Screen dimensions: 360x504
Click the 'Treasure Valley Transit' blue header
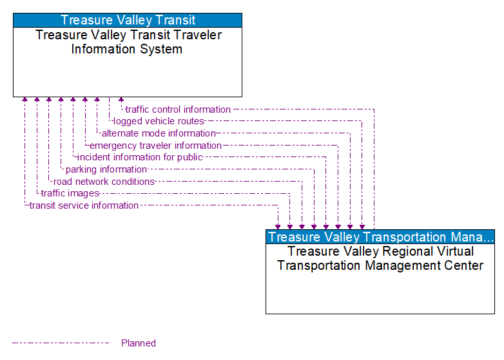click(x=128, y=20)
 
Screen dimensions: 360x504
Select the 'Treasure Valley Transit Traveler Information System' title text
click(x=128, y=42)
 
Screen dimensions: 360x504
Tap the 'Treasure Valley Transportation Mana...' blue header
click(x=380, y=237)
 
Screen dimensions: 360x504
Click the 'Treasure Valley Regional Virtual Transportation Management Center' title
click(x=380, y=258)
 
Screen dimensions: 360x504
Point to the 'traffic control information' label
click(x=178, y=109)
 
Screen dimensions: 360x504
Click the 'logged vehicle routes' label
click(x=159, y=121)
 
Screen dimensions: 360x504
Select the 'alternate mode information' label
click(x=159, y=133)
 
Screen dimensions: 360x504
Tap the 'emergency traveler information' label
click(x=155, y=146)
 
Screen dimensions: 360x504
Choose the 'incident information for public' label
click(x=140, y=157)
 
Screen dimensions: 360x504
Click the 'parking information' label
click(x=106, y=169)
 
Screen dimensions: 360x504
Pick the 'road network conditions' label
click(x=104, y=182)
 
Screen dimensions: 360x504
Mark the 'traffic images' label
click(x=70, y=193)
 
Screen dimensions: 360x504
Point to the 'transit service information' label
click(x=84, y=205)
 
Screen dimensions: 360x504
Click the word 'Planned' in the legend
click(x=139, y=343)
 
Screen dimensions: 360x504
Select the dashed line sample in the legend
click(x=61, y=343)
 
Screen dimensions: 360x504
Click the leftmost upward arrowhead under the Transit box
click(x=24, y=100)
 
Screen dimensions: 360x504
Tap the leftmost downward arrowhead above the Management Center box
click(x=278, y=226)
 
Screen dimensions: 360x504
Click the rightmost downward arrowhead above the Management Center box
click(x=362, y=226)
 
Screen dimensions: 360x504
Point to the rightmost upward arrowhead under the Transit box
click(x=121, y=100)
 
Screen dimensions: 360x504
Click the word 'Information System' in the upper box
click(x=127, y=49)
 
